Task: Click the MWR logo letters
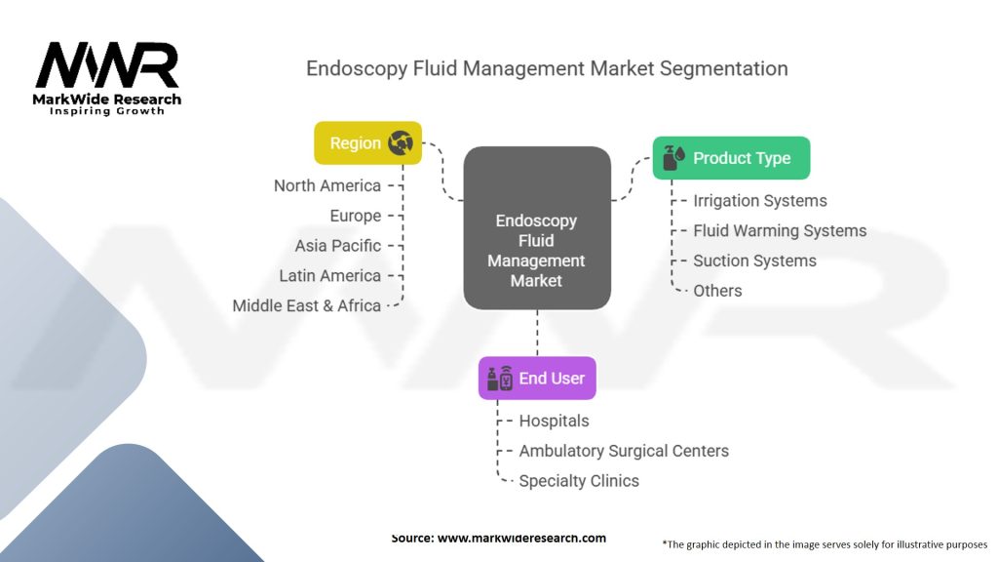(107, 65)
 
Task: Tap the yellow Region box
(367, 142)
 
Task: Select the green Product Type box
(731, 157)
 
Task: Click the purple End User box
(537, 378)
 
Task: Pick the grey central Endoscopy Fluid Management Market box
(537, 228)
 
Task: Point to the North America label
(327, 185)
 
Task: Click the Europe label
(355, 216)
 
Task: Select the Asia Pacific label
(338, 245)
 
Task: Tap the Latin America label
(329, 275)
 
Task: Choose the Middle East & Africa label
(307, 305)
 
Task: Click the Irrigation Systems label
(760, 201)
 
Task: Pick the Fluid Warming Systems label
(780, 230)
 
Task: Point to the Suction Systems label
(755, 261)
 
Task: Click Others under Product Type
(717, 291)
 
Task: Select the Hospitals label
(554, 421)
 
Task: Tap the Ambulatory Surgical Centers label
(624, 451)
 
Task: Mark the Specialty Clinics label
(579, 480)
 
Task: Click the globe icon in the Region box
(401, 142)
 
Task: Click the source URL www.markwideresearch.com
(521, 538)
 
